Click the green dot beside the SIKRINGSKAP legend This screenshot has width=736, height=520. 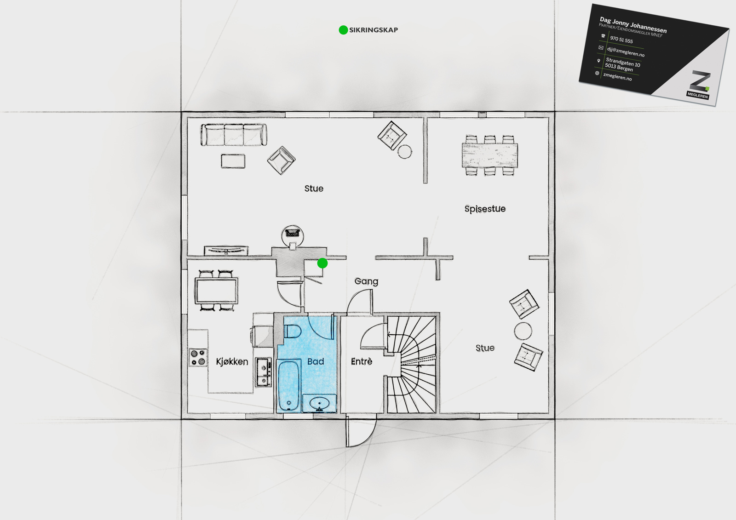coord(343,30)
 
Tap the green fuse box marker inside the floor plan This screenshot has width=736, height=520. coord(322,263)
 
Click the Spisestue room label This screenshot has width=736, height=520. coord(485,209)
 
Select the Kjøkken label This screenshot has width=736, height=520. coord(232,362)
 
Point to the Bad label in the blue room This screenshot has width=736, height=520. coord(316,361)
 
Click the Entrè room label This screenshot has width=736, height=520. coord(362,361)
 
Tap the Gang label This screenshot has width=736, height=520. coord(366,281)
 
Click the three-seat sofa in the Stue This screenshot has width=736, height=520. coord(234,134)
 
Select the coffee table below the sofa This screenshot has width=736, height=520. coord(233,161)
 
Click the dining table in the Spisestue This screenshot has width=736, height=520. coord(489,155)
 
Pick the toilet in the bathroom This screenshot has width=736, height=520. coord(292,331)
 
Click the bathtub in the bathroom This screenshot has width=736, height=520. coord(289,385)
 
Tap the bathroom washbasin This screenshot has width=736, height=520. coord(319,403)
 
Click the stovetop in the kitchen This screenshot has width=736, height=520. coord(198,357)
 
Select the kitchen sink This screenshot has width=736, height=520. coord(264,372)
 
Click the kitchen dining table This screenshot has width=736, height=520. coord(216,291)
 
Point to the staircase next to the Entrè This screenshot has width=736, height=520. coord(411,364)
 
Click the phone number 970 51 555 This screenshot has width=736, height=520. coord(621,40)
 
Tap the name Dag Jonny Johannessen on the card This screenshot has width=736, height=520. coord(633,25)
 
